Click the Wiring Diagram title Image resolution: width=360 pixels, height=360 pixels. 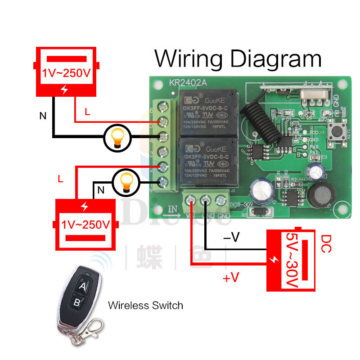(238, 59)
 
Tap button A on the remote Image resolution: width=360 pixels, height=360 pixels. (83, 286)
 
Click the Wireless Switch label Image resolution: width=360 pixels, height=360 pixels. (145, 306)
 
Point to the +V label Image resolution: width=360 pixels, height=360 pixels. (230, 278)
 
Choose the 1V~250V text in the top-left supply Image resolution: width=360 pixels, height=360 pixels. (67, 73)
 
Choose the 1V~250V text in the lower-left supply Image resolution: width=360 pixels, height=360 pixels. (85, 224)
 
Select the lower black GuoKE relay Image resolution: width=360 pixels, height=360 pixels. (207, 160)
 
